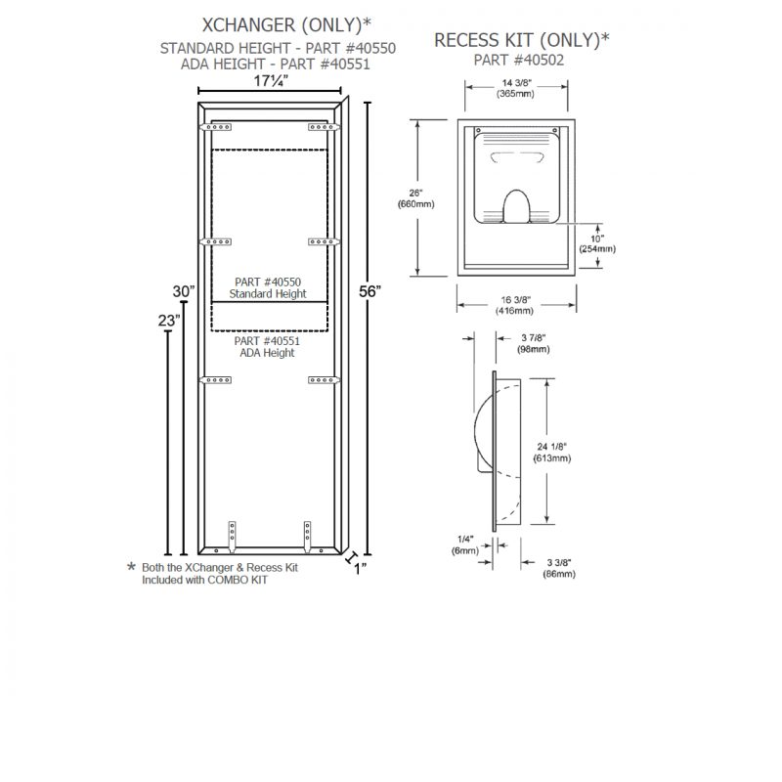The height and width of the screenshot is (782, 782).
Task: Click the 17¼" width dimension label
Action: coord(272,80)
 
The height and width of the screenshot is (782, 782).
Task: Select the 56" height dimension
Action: coord(369,291)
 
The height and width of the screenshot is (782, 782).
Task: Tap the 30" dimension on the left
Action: coord(184,291)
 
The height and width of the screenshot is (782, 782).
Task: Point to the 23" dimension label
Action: coord(169,320)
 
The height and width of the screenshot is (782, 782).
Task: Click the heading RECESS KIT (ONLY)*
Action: coord(521,39)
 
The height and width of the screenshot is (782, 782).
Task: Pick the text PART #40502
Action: coord(518,60)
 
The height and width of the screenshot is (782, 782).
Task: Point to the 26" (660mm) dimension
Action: coord(415,198)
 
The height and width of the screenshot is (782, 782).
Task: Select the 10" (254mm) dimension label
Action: coord(596,243)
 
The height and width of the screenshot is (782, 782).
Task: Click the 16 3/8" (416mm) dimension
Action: coord(517,305)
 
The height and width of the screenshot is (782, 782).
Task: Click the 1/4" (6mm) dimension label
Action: coord(465,544)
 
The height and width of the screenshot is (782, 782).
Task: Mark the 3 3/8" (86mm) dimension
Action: coord(559,568)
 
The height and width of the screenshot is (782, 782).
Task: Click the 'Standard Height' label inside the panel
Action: coord(267,293)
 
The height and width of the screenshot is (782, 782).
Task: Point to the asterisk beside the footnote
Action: coord(132,568)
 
